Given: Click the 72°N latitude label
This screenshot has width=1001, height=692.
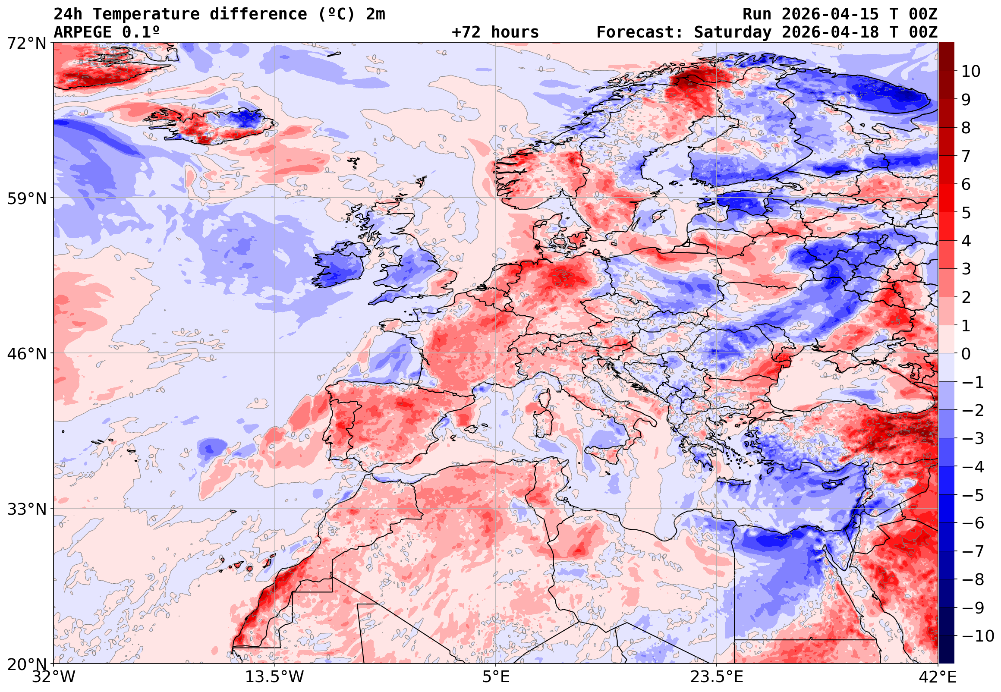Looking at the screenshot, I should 26,44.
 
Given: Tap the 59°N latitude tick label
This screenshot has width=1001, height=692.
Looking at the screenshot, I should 26,198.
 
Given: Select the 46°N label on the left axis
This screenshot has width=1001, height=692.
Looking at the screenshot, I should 26,354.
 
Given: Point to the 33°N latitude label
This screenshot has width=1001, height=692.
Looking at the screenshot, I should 26,509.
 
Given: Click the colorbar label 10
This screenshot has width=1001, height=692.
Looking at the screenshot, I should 971,72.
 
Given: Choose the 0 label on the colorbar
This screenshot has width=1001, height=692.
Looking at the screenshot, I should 966,354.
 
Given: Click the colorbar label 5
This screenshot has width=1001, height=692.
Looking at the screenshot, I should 966,213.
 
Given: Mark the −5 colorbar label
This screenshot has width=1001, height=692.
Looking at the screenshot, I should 973,495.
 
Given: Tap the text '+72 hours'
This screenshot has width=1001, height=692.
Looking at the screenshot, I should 495,32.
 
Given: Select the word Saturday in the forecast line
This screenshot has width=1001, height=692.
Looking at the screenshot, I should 733,32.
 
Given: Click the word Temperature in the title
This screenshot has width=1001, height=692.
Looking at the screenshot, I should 146,14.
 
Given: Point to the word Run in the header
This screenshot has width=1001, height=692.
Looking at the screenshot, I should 757,14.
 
